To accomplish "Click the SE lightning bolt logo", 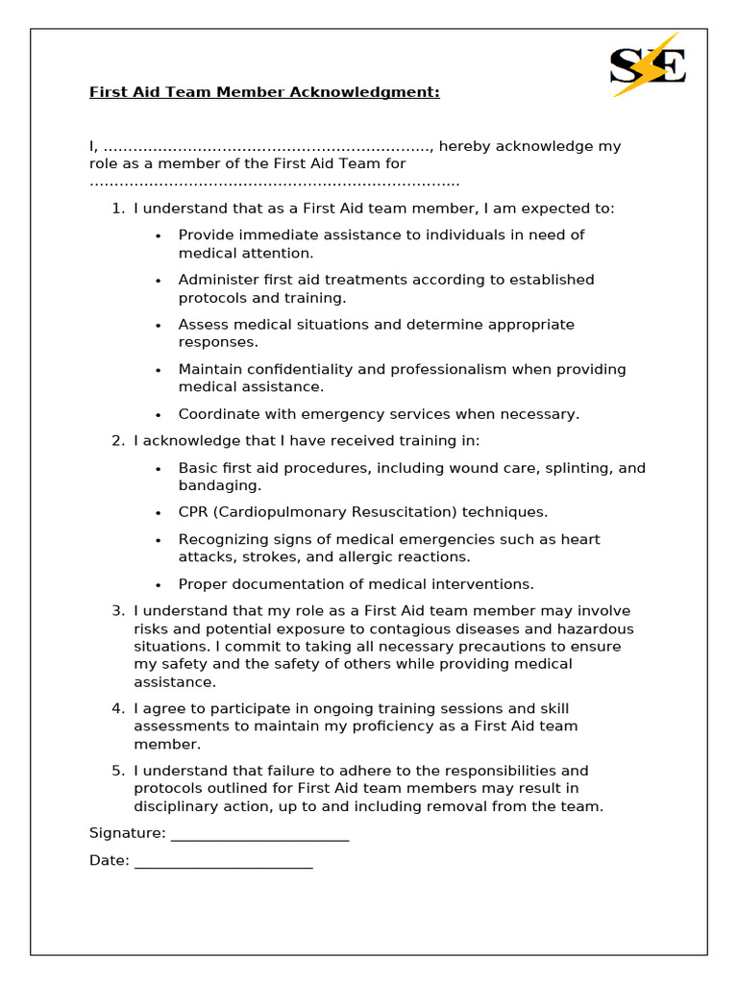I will point(648,65).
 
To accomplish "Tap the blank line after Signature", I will point(259,834).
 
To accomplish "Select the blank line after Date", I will point(223,861).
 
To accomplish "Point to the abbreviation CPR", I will point(194,512).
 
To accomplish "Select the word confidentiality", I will point(306,369).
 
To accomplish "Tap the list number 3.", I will point(117,611).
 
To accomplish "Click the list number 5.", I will point(117,771).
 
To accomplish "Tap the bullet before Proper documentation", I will point(159,584).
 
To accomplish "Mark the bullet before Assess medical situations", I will point(159,325).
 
